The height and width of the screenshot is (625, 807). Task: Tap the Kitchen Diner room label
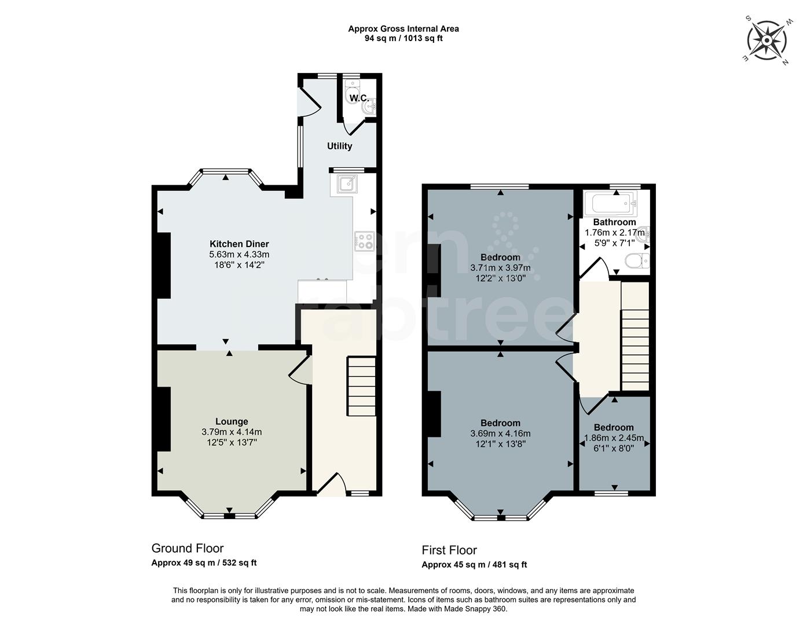coord(239,244)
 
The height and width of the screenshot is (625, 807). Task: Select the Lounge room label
coord(232,422)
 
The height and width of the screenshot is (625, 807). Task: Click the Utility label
coord(339,146)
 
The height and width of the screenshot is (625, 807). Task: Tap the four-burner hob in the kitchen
coord(364,241)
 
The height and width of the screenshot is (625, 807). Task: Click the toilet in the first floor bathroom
coord(637,262)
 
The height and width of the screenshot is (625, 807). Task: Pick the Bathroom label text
coord(614,222)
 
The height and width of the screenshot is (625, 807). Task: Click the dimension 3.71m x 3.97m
coord(500,268)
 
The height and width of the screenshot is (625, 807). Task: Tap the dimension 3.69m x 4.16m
coord(500,433)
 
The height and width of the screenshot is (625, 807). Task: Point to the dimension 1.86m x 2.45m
coord(614,438)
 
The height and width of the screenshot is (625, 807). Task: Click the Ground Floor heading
coord(187,548)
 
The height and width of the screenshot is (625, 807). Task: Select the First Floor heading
coord(449,550)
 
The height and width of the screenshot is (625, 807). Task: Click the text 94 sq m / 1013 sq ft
coord(403,39)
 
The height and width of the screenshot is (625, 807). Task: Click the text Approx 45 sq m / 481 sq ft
coord(474,565)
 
